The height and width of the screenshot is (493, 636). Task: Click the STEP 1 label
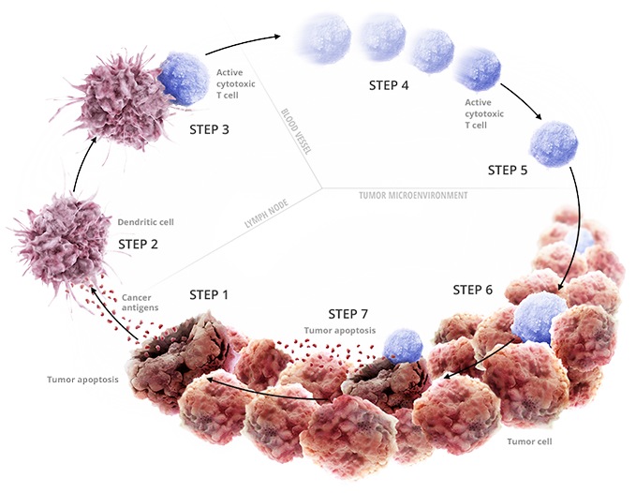coord(209,294)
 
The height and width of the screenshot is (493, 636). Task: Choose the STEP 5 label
coord(508,171)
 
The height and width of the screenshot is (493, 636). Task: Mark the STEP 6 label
coord(473,290)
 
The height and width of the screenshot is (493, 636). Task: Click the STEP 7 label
coord(348,312)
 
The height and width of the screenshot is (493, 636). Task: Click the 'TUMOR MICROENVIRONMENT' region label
coord(413,195)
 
